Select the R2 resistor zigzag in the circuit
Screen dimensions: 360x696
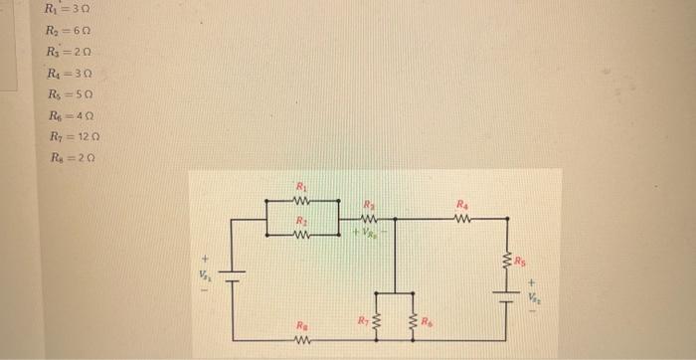coord(303,235)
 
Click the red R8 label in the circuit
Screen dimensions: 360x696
coord(301,325)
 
